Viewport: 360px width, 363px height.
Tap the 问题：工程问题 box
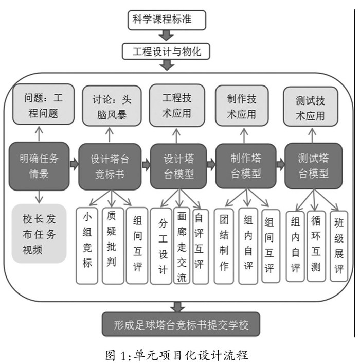[x=40, y=104]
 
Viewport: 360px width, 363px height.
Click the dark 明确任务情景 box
[x=39, y=165]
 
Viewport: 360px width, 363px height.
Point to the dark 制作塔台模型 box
[x=245, y=166]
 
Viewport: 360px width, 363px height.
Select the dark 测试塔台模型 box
[x=313, y=165]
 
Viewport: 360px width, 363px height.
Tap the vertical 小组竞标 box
[x=87, y=245]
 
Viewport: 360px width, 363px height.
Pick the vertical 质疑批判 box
[x=112, y=245]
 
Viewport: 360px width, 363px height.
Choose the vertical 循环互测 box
[x=316, y=245]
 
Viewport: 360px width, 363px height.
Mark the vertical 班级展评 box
[x=338, y=245]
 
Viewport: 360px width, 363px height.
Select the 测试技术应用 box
[x=310, y=108]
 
